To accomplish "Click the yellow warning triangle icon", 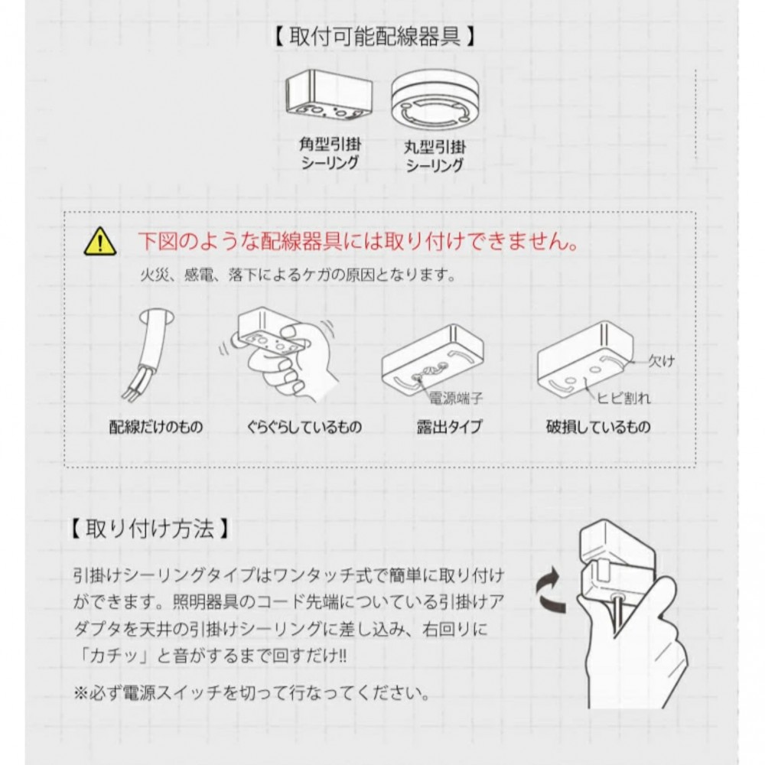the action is pos(100,242).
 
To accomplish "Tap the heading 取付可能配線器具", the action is pos(375,37).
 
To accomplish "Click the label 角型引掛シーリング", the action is pos(330,154).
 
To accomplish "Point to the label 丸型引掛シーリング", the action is pos(435,156).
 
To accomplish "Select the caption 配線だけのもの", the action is pos(155,427).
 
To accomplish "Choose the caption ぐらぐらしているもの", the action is pos(304,427).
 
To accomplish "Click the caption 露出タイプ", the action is pos(449,427).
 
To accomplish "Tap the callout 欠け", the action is pos(662,361).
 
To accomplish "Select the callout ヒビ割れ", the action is pos(624,398).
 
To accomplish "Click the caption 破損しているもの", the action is pos(598,427).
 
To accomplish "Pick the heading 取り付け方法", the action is pos(150,529).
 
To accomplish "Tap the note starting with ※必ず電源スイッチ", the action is pos(252,693).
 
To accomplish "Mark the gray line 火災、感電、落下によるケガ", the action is pos(298,275).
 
